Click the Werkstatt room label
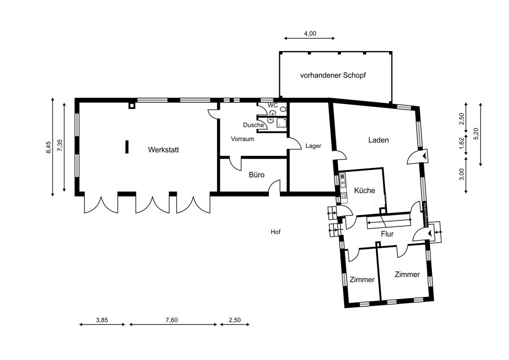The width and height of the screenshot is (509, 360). click(163, 149)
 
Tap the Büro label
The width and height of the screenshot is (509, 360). click(257, 174)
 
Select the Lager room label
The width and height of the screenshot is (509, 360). click(313, 146)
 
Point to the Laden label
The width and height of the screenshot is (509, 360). click(378, 140)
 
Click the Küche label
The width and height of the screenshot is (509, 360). click(364, 190)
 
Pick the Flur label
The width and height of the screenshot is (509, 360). click(387, 234)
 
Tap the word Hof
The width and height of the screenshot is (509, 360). click(275, 232)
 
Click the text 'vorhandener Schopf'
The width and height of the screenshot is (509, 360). click(333, 75)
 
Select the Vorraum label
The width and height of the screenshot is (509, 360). click(243, 139)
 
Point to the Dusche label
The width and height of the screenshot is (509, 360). click(253, 125)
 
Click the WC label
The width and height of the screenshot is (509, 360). click(272, 105)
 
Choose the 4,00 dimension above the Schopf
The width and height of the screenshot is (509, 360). click(310, 34)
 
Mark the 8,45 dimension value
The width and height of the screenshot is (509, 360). click(48, 147)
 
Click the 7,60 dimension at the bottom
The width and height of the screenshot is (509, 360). click(171, 320)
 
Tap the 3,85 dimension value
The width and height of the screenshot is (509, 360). click(102, 320)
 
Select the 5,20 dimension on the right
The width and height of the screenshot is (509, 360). click(476, 134)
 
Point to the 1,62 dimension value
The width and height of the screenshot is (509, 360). click(461, 144)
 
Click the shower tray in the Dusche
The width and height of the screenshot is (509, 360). click(281, 123)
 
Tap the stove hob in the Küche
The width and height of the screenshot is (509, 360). click(343, 195)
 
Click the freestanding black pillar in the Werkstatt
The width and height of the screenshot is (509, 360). click(127, 147)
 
